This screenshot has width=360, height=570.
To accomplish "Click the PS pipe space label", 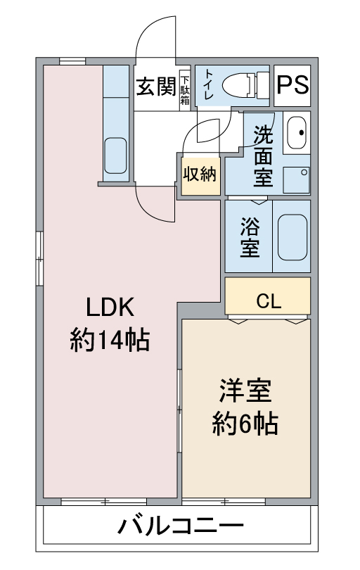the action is (x=292, y=85).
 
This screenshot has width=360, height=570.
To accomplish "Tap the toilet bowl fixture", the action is (x=245, y=85).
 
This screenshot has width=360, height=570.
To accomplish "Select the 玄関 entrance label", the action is (x=156, y=87).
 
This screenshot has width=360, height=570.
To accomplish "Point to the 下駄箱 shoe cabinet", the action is (x=185, y=90).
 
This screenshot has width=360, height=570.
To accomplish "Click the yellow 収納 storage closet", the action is (x=201, y=176).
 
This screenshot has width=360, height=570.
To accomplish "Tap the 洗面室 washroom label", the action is (x=263, y=156).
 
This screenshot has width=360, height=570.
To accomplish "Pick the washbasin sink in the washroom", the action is (x=297, y=133).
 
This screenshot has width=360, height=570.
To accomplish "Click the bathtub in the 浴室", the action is (x=292, y=237).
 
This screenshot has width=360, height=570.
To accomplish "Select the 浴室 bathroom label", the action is (x=250, y=237).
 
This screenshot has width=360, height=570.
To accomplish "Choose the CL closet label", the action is (x=269, y=300).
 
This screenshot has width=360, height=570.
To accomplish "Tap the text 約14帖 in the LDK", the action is (x=110, y=339).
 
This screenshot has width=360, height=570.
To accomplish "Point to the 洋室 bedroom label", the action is (x=245, y=391).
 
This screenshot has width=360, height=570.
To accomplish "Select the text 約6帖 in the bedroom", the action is (x=245, y=423).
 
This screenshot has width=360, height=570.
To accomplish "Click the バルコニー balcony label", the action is (x=180, y=526).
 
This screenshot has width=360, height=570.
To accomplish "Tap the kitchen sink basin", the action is (x=115, y=156).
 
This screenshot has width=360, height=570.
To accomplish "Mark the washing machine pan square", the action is (x=296, y=179).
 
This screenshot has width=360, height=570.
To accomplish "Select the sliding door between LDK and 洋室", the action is (x=179, y=411).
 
